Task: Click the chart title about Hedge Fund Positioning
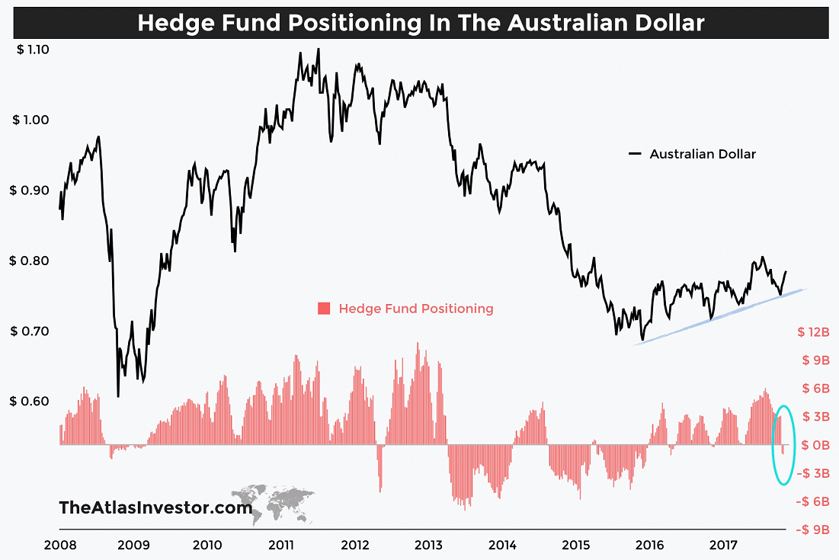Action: pyautogui.click(x=421, y=23)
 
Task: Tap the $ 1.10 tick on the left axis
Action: pyautogui.click(x=32, y=50)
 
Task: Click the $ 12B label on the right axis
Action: pyautogui.click(x=813, y=332)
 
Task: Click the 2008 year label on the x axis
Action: pyautogui.click(x=59, y=546)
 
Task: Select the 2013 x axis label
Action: pyautogui.click(x=429, y=546)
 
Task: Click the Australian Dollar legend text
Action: pyautogui.click(x=703, y=154)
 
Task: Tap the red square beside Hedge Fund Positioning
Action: pyautogui.click(x=324, y=309)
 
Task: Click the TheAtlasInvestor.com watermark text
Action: pyautogui.click(x=155, y=507)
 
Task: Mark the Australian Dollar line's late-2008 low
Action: pyautogui.click(x=118, y=395)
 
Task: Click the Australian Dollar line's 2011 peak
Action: pyautogui.click(x=318, y=50)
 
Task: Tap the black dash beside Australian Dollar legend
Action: pyautogui.click(x=636, y=154)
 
